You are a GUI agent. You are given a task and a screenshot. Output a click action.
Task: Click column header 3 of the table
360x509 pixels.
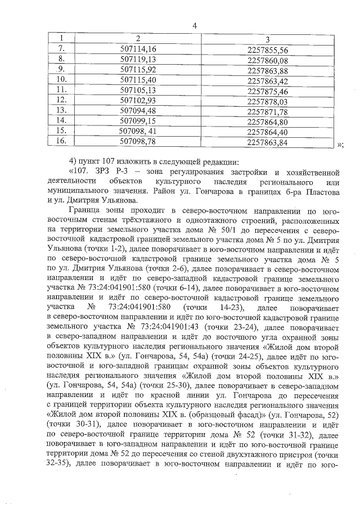(x=267, y=39)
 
